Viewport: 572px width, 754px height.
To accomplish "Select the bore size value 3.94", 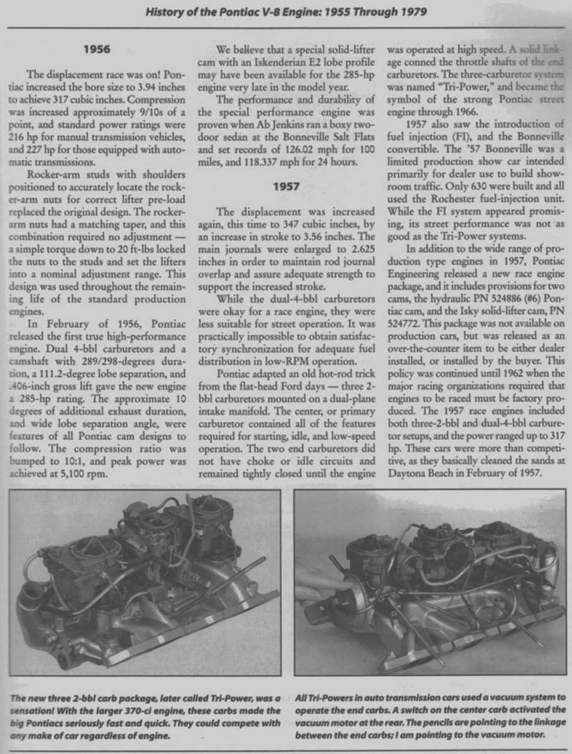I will pyautogui.click(x=140, y=86).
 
